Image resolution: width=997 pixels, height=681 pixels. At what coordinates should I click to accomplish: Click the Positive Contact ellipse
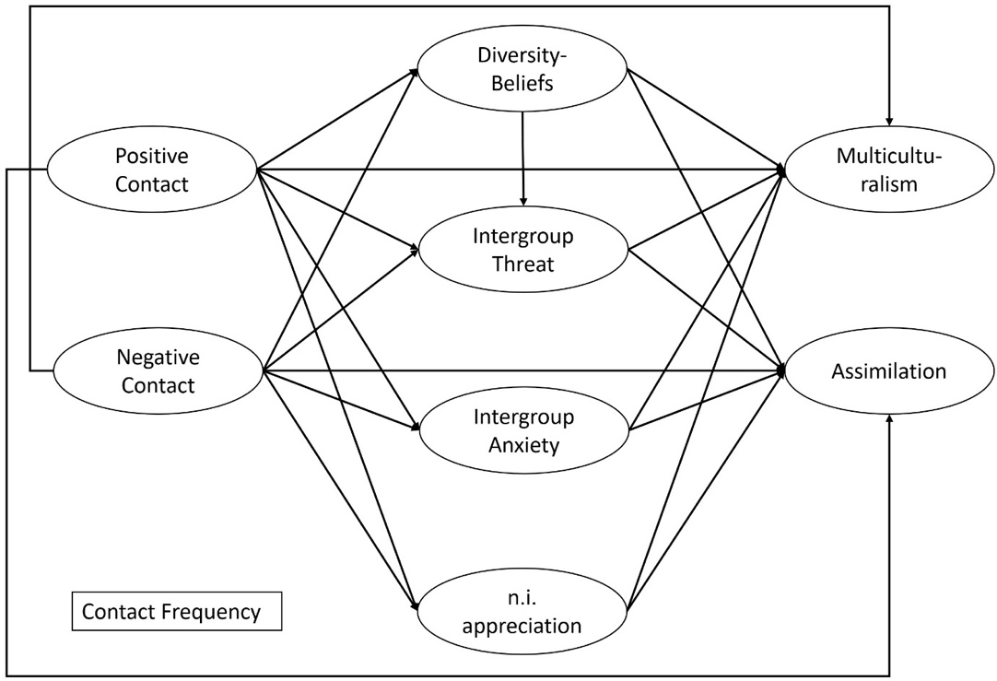(152, 170)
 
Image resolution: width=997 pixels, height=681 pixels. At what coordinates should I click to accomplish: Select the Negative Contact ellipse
(158, 370)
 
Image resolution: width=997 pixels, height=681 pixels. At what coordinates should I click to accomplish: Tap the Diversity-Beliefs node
(522, 70)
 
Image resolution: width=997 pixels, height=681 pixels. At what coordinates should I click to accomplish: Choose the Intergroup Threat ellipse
(522, 250)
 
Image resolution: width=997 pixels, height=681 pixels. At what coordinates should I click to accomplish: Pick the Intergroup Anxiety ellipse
(522, 430)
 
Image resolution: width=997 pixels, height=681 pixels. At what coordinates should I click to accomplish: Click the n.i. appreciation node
(522, 613)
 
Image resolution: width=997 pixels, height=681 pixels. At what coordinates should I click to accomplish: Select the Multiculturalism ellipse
(889, 170)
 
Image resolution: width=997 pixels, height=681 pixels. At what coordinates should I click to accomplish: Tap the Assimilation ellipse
(889, 371)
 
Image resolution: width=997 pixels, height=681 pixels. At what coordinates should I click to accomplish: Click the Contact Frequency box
(177, 612)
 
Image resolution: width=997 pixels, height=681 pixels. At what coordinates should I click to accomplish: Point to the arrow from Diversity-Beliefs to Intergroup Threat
(522, 157)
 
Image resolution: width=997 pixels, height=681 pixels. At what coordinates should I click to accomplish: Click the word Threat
(522, 264)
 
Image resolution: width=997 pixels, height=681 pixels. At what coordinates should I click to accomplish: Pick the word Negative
(158, 357)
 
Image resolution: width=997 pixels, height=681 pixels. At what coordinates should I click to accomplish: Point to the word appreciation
(522, 627)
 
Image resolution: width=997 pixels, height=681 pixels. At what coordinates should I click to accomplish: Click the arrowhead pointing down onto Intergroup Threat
(522, 201)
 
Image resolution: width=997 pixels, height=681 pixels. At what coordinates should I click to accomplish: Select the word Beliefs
(522, 84)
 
